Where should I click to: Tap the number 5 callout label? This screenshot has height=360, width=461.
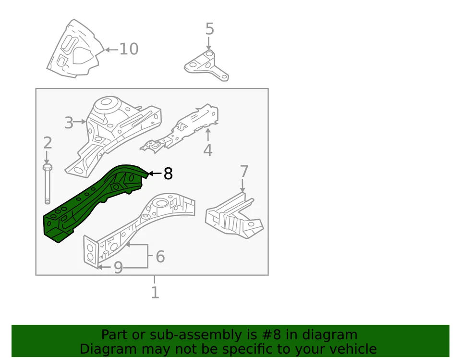(210, 29)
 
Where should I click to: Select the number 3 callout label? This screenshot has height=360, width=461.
(69, 123)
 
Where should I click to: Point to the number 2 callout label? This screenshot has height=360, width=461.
(47, 143)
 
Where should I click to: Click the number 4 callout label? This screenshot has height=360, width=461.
(207, 150)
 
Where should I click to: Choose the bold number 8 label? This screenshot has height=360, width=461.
(168, 174)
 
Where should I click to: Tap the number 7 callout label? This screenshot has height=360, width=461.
(244, 172)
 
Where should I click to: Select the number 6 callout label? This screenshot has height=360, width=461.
(160, 257)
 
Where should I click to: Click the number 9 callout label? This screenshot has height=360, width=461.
(118, 268)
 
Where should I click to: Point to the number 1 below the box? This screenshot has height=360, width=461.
(155, 292)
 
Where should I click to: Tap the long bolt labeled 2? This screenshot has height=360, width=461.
(48, 185)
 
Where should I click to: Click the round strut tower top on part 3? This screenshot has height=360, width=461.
(106, 104)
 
